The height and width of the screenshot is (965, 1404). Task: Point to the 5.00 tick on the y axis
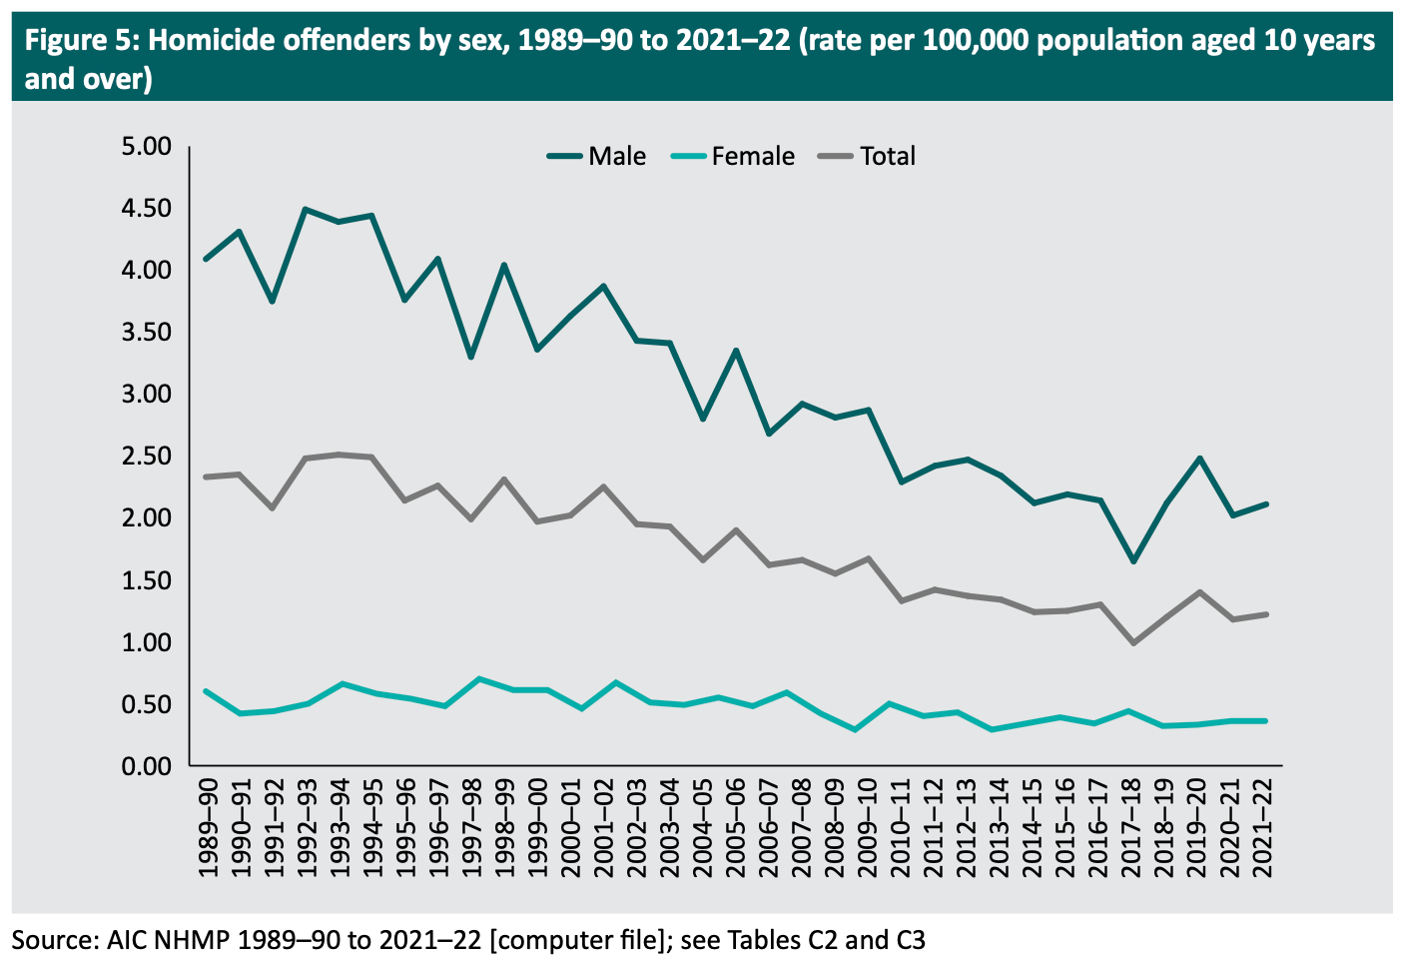pos(147,147)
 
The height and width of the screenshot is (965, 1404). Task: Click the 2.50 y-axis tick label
pos(147,457)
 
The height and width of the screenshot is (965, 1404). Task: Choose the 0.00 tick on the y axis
pos(147,766)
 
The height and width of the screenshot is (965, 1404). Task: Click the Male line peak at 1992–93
pos(305,209)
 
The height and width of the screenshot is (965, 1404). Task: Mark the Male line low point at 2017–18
pos(1133,561)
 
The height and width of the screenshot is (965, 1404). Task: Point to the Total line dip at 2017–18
pos(1133,642)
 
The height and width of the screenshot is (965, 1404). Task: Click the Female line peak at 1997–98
pos(479,679)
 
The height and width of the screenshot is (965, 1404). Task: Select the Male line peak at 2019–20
pos(1199,459)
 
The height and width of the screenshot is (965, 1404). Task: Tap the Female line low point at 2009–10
pos(855,729)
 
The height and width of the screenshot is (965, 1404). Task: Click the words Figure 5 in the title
pos(81,41)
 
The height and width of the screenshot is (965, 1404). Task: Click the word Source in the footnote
pos(51,940)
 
